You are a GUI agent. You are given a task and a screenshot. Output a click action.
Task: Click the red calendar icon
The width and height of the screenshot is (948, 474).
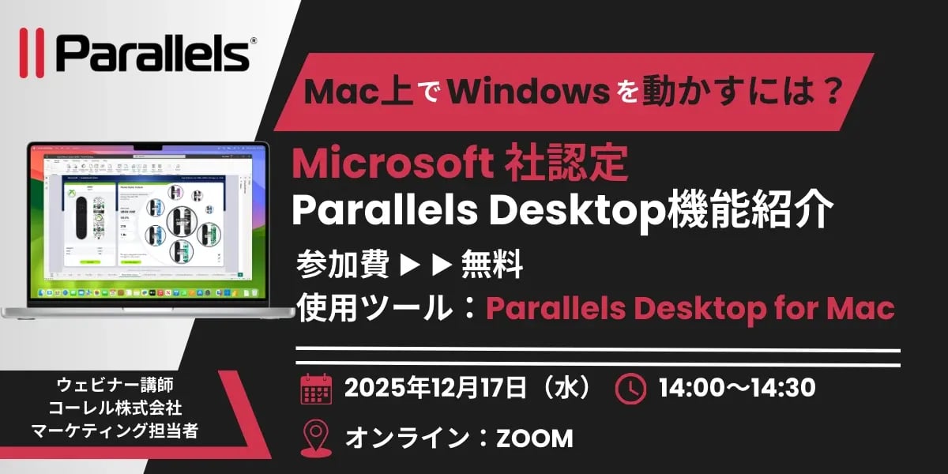315,389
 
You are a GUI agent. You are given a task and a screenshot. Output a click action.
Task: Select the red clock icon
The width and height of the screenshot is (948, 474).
630,389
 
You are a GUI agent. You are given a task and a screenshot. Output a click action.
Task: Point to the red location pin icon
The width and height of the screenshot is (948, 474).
316,438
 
